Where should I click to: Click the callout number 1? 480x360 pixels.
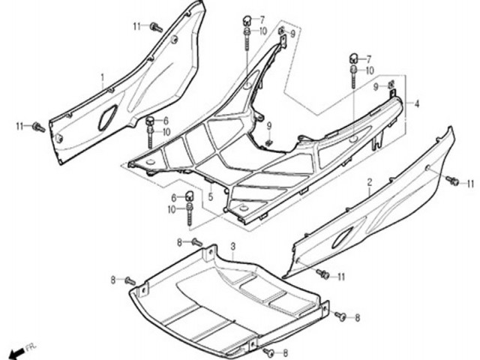[103, 77]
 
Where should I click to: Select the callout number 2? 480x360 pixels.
[370, 183]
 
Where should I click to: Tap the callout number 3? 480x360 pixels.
[233, 246]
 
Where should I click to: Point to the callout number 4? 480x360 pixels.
[417, 104]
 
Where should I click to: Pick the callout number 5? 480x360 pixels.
[211, 196]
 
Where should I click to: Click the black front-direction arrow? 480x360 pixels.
[16, 353]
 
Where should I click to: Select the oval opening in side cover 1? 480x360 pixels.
[107, 117]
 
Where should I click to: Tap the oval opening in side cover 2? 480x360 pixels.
[342, 238]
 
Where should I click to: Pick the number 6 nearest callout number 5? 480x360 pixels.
[173, 198]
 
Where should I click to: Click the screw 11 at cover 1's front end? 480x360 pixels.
[39, 127]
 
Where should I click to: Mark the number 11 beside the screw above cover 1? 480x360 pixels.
[136, 27]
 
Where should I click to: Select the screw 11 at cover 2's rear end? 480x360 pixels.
[452, 181]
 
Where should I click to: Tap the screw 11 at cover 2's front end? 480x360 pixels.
[322, 273]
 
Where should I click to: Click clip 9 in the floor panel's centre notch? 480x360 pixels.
[268, 142]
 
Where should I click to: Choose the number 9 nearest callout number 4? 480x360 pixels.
[376, 87]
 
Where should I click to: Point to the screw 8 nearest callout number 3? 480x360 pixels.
[196, 243]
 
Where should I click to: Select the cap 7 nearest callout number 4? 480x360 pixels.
[353, 58]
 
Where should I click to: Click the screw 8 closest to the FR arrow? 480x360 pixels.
[130, 280]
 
